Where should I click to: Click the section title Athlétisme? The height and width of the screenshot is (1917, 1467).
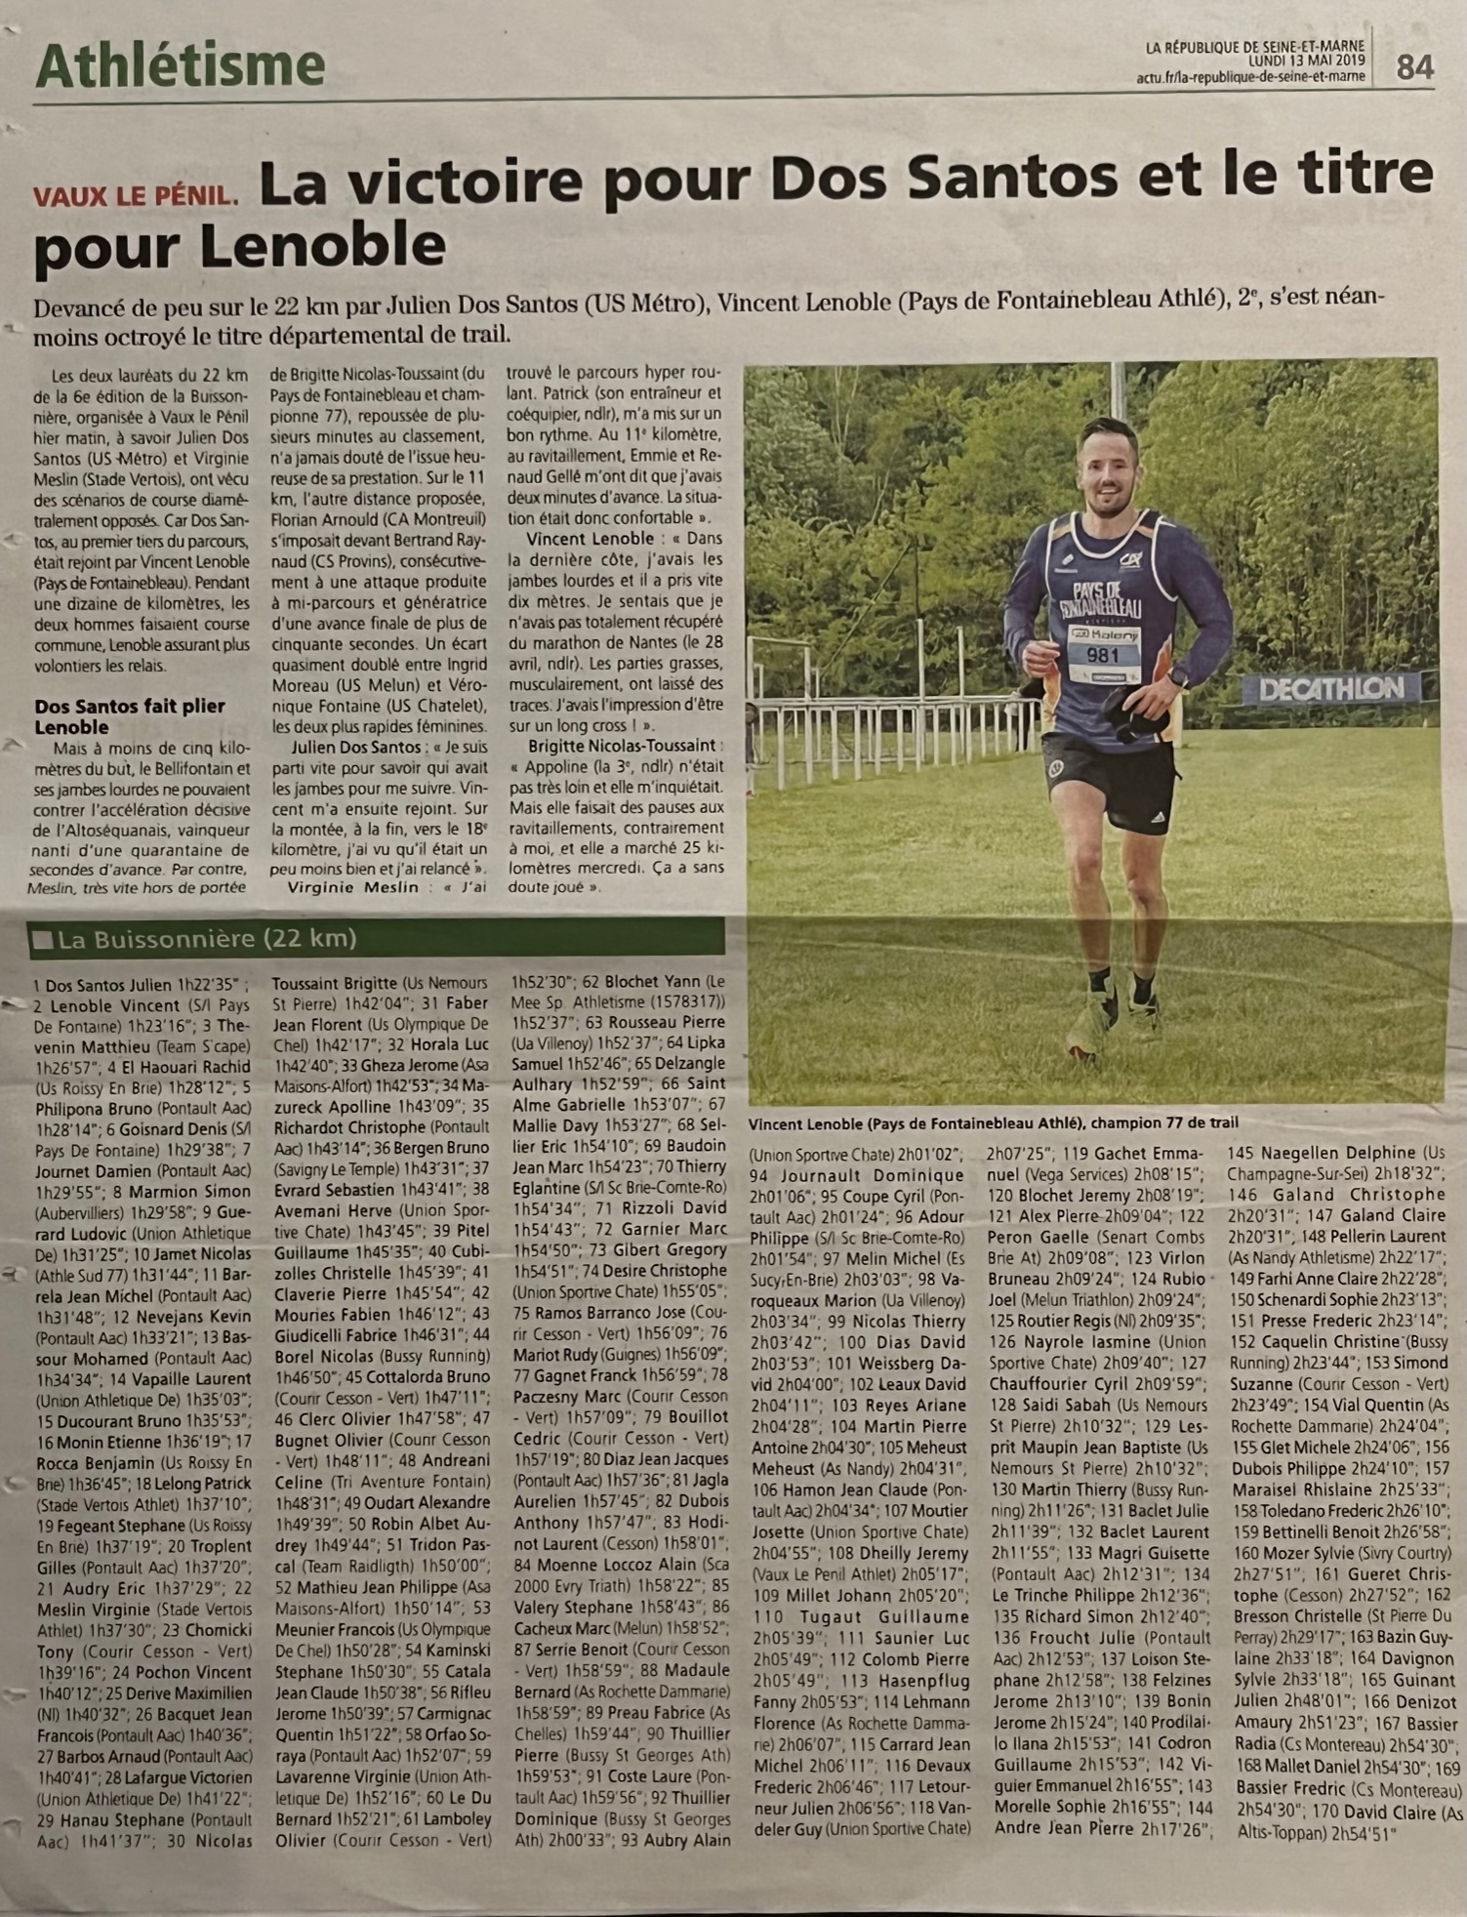[181, 66]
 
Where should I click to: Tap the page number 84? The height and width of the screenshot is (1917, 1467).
[1415, 66]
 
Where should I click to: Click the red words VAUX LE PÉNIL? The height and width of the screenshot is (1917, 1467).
[137, 195]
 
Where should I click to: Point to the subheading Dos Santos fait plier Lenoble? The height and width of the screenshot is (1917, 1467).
[130, 715]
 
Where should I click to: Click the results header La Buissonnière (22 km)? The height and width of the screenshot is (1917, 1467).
[207, 939]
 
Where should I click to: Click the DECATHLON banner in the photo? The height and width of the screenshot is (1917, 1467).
[1330, 689]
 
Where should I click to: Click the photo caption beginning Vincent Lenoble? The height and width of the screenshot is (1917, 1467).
[993, 1122]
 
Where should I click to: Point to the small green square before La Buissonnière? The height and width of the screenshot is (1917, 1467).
[43, 940]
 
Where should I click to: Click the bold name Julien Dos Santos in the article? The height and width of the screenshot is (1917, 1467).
[341, 747]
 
